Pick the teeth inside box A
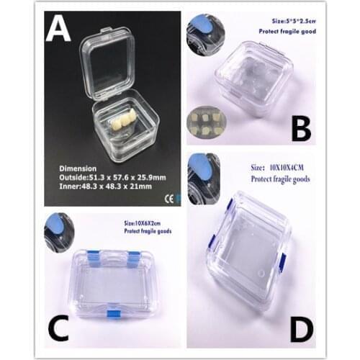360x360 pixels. [121, 117]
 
